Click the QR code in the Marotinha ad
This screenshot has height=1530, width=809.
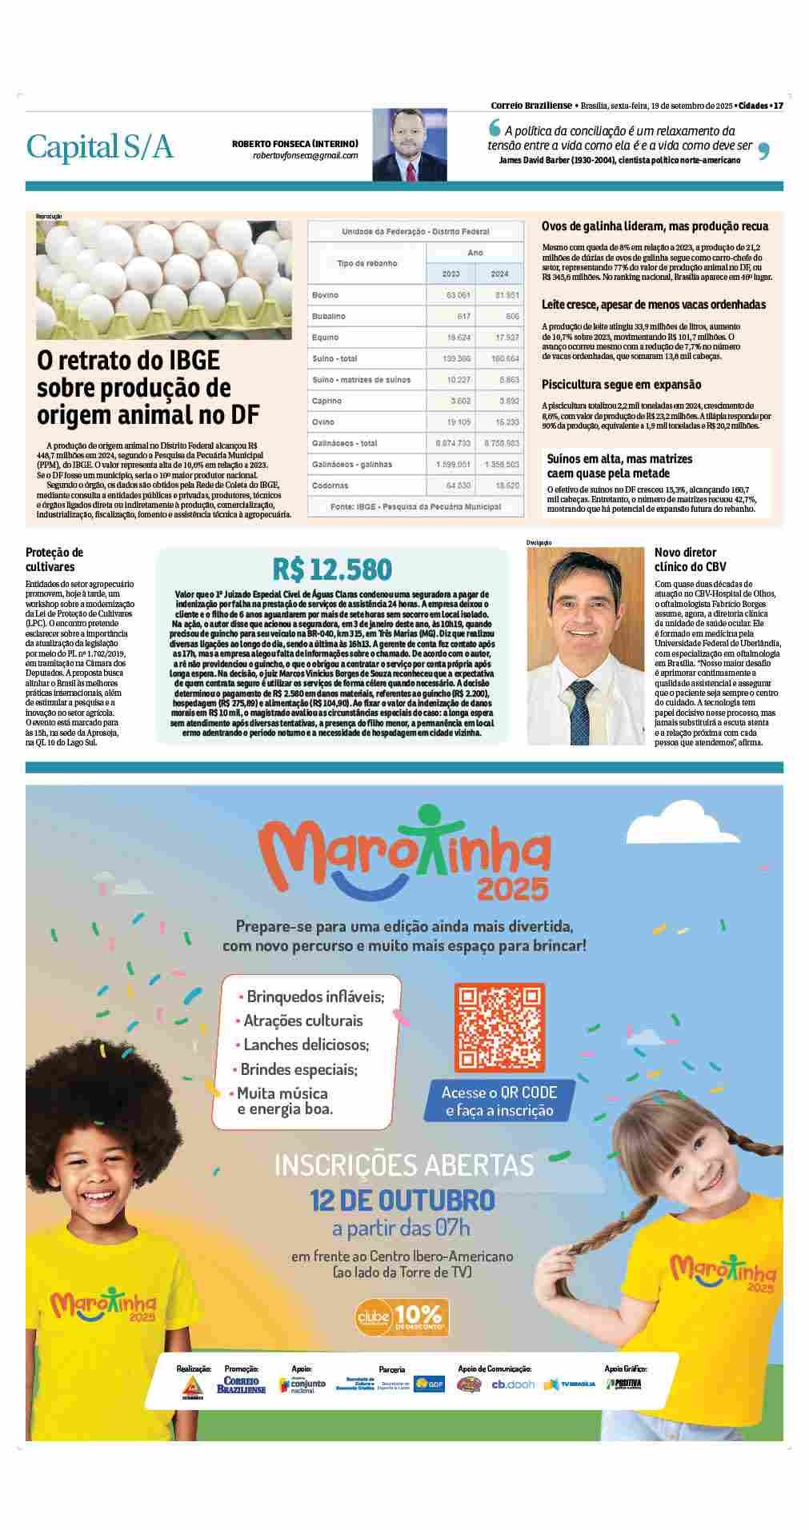(x=499, y=1027)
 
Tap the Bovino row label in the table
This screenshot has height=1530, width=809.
(x=325, y=295)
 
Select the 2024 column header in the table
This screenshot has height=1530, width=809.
(x=499, y=274)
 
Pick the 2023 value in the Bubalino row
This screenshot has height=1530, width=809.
(x=459, y=316)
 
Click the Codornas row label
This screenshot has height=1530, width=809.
(x=329, y=485)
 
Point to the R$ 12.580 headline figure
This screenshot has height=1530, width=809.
(x=332, y=569)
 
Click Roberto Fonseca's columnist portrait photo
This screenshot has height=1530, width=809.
(x=409, y=145)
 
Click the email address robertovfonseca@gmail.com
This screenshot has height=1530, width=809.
(x=305, y=155)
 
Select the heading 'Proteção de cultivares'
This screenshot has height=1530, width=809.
(x=54, y=559)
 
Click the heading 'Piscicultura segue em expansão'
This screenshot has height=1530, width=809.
(x=621, y=385)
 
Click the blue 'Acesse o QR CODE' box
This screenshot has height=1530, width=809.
(x=499, y=1101)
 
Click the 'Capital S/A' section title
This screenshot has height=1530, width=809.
(x=100, y=146)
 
